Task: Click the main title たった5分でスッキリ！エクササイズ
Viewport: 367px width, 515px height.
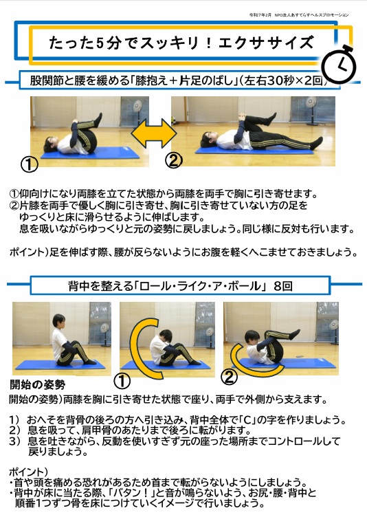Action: (181, 43)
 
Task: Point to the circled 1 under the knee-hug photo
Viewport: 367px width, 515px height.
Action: (29, 165)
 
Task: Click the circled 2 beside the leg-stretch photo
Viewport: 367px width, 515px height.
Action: (175, 160)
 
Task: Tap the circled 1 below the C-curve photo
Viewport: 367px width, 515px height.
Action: (122, 380)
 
